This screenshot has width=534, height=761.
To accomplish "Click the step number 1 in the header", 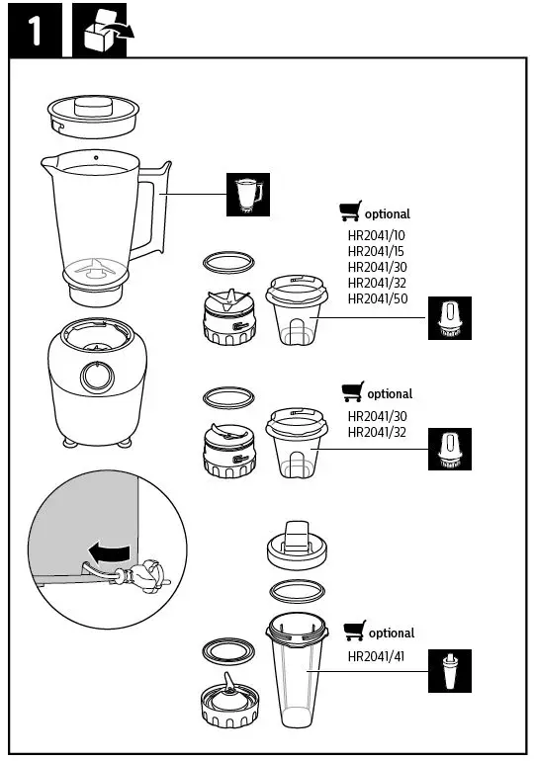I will (x=34, y=32).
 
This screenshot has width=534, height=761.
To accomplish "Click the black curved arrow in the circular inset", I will (x=105, y=550).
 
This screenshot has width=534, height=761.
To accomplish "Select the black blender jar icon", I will (x=245, y=195).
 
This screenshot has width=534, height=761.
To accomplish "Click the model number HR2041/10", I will (x=377, y=235).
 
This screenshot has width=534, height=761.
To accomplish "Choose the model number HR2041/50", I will (x=377, y=298).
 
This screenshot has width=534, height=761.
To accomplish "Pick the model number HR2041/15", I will (x=377, y=251).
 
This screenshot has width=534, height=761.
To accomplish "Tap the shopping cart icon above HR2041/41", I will (x=353, y=631).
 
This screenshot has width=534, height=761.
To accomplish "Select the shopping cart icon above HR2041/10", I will (x=349, y=211).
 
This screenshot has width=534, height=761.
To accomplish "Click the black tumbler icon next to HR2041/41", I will (x=450, y=671).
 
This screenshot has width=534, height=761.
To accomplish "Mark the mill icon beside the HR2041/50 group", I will (x=450, y=318).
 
